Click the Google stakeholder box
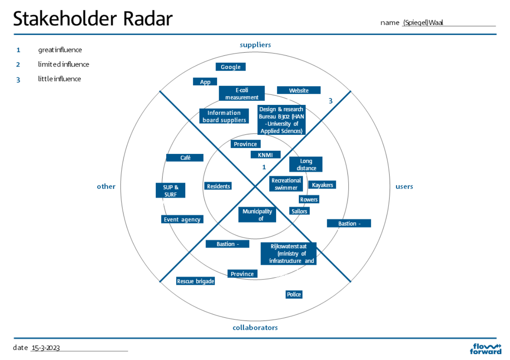click(x=230, y=67)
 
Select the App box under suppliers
click(x=205, y=82)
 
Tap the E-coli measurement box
click(x=242, y=94)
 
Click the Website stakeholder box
click(x=298, y=90)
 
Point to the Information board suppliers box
click(x=224, y=116)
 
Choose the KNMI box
click(x=265, y=155)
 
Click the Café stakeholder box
click(x=185, y=158)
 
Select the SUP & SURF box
click(x=171, y=191)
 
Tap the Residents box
click(x=218, y=186)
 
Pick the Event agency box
click(x=182, y=220)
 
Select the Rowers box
click(x=309, y=199)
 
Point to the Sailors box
click(x=299, y=211)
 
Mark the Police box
click(x=294, y=295)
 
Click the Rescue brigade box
click(x=195, y=281)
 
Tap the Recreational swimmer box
click(x=286, y=184)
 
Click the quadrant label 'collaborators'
click(x=255, y=328)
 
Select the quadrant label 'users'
click(x=404, y=187)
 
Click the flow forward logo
click(x=486, y=348)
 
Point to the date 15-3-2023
click(x=46, y=348)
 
